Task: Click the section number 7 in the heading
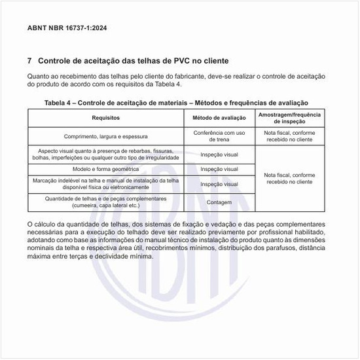point(30,61)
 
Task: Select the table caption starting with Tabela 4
point(176,103)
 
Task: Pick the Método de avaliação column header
point(219,118)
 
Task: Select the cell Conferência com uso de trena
point(219,137)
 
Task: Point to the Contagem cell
point(219,202)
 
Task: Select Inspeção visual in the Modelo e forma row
point(219,169)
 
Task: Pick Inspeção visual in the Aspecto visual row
point(219,154)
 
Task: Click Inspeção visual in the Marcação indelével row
point(219,184)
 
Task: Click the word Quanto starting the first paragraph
point(39,77)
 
